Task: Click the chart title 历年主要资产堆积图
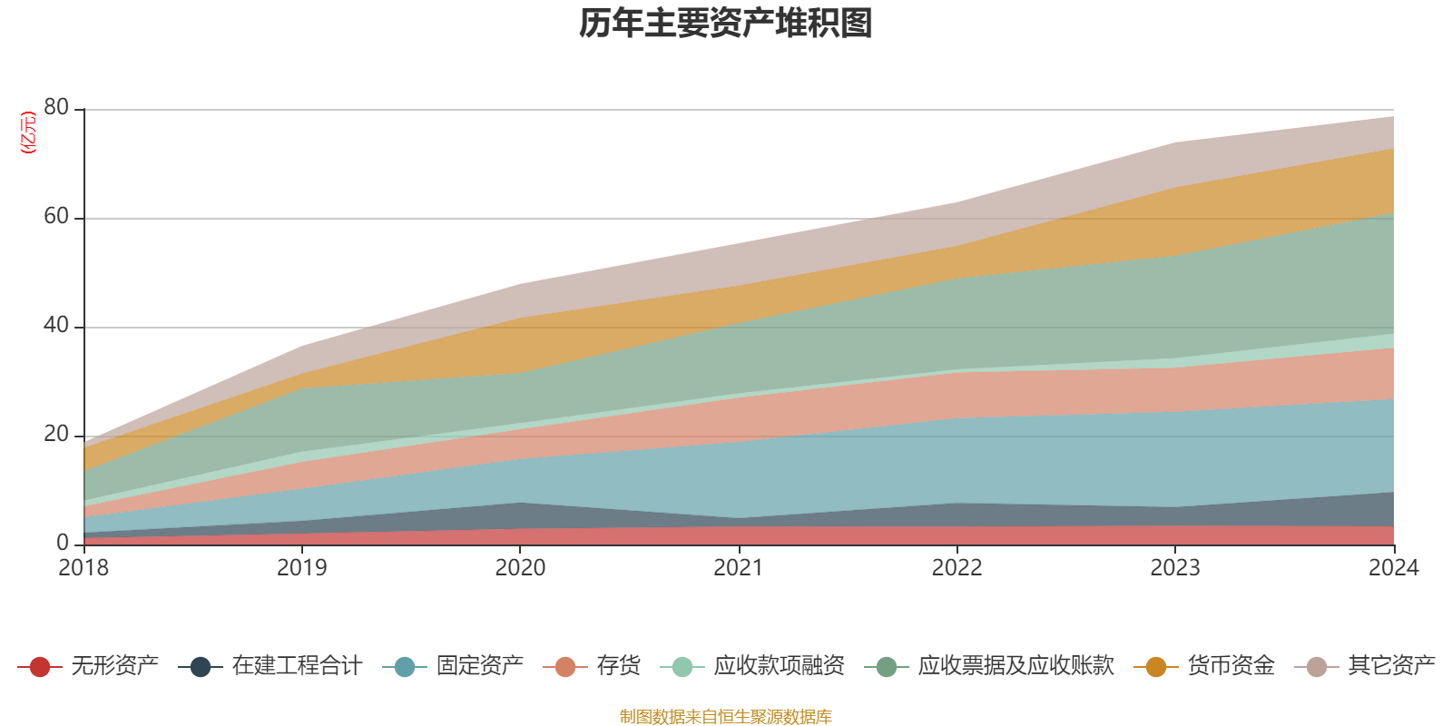[x=726, y=25]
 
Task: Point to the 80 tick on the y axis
[x=56, y=107]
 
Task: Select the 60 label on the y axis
[x=56, y=216]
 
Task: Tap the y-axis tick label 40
[x=56, y=325]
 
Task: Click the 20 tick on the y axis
[x=56, y=434]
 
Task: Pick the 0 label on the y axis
[x=63, y=543]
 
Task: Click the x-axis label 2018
[x=83, y=568]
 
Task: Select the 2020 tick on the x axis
[x=520, y=568]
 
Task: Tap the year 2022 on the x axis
[x=957, y=568]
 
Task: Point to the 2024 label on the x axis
[x=1393, y=568]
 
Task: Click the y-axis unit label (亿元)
[x=28, y=132]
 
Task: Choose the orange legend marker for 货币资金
[x=1156, y=667]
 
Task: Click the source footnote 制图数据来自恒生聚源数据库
[x=726, y=717]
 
